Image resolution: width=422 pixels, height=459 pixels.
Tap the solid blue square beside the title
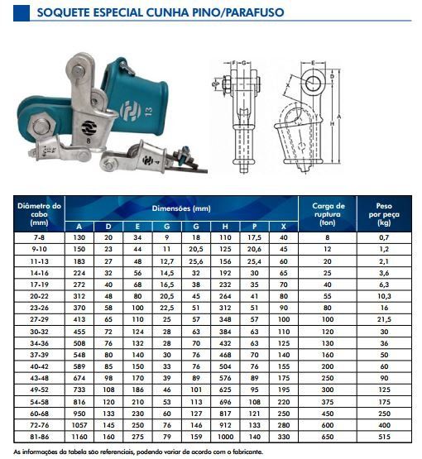tap(22, 13)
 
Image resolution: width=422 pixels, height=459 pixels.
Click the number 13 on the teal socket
tap(148, 112)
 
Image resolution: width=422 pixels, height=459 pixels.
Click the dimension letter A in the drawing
tap(339, 117)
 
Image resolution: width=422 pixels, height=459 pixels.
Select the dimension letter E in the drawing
tap(313, 63)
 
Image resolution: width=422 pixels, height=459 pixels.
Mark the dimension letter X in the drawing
tap(288, 85)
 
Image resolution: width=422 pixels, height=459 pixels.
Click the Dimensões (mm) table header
tap(181, 208)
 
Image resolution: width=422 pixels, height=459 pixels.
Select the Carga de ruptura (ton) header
tap(328, 214)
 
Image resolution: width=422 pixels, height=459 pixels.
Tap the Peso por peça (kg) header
tap(384, 214)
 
